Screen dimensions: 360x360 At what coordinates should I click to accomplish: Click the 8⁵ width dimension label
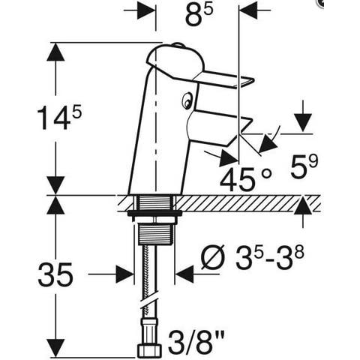point(199,16)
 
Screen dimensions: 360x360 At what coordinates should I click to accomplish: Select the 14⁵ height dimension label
point(59,117)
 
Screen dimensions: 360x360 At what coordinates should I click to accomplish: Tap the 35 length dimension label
point(55,274)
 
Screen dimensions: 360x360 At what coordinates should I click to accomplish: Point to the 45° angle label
point(246,178)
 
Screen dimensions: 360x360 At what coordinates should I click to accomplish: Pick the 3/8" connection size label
point(196,342)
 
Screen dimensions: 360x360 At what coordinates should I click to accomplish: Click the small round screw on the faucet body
point(187,100)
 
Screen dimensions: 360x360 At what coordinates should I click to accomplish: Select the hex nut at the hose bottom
point(149,350)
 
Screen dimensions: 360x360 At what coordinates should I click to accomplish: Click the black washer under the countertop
point(154,213)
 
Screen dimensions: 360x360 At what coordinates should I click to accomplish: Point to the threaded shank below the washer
point(154,234)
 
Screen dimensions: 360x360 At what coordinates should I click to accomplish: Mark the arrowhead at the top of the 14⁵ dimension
point(55,52)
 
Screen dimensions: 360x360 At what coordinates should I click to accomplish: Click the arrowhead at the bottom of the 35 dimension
point(55,348)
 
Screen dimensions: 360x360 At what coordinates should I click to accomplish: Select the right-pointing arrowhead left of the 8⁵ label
point(147,10)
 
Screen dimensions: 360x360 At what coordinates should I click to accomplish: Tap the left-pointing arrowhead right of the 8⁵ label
point(248,10)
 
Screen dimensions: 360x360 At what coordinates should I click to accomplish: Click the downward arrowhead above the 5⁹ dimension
point(303,122)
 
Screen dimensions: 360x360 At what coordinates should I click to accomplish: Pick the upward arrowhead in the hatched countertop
point(303,205)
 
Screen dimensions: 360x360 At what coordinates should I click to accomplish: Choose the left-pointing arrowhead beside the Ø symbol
point(185,274)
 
